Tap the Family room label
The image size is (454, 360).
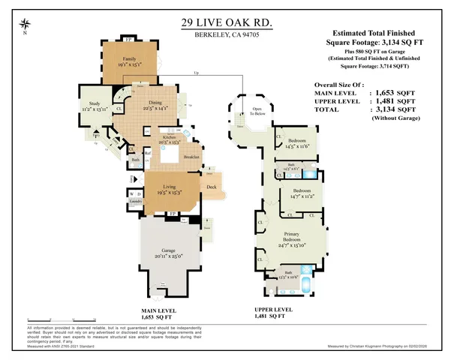click(131, 60)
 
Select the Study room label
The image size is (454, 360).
click(94, 106)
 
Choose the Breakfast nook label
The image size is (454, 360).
click(191, 156)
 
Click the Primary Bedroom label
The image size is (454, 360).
click(293, 241)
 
